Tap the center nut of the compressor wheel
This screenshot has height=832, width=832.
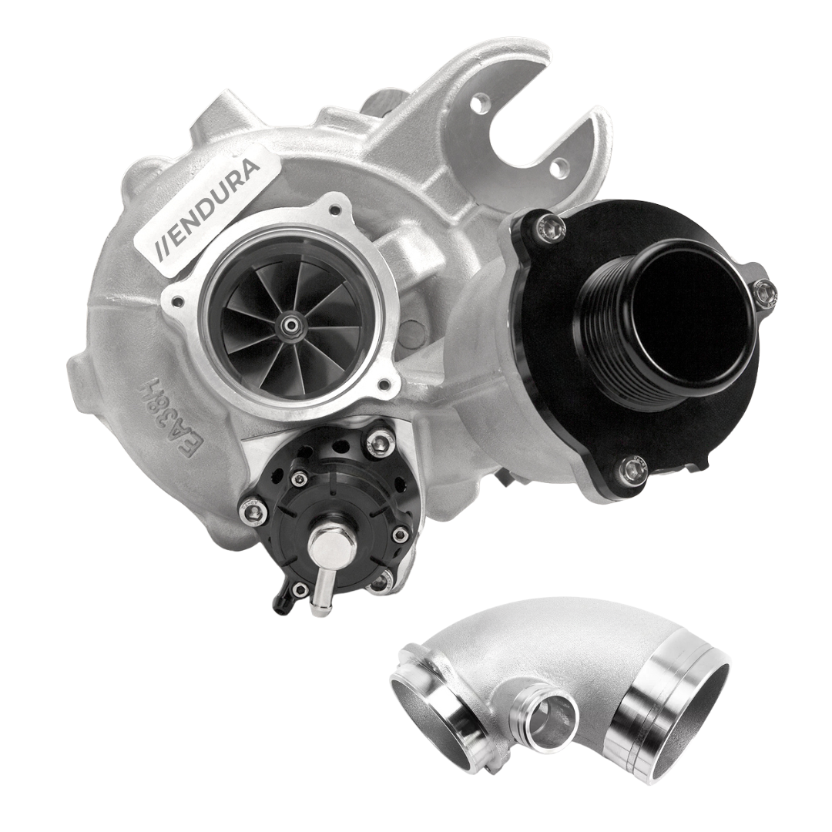coord(290,327)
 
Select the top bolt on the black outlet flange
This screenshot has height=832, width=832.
coord(549,228)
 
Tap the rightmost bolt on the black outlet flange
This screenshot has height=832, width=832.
coord(764,296)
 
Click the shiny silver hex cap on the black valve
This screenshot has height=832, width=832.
coord(333,540)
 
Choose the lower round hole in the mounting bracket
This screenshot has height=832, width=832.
coord(559,166)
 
